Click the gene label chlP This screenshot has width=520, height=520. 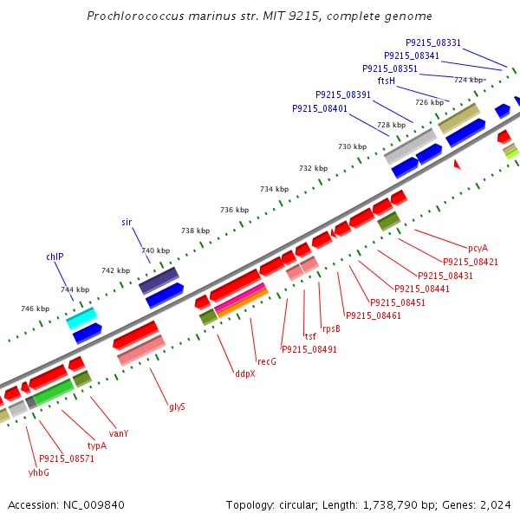tap(55, 257)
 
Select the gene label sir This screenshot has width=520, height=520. tap(127, 223)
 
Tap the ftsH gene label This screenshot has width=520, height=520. tap(386, 81)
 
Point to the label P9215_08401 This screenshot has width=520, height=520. tap(320, 109)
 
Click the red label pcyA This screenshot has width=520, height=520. tap(478, 248)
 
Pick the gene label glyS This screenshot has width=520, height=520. tap(177, 406)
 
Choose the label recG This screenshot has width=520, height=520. tap(266, 361)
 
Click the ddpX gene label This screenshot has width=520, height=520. tap(244, 374)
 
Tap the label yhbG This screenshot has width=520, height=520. tap(38, 472)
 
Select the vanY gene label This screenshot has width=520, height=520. tap(119, 433)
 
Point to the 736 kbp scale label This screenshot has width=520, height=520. tap(234, 210)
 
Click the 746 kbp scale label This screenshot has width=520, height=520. tap(35, 309)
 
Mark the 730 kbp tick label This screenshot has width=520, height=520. tap(352, 146)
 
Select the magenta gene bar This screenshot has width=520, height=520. tap(240, 298)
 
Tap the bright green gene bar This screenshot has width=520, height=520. tap(53, 393)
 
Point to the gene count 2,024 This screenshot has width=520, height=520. tap(496, 504)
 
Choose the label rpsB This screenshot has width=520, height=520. tap(331, 328)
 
